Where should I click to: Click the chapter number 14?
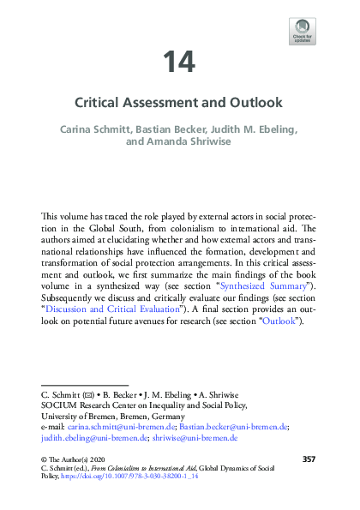179,62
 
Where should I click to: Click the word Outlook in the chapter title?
252,103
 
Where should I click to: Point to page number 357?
309,460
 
